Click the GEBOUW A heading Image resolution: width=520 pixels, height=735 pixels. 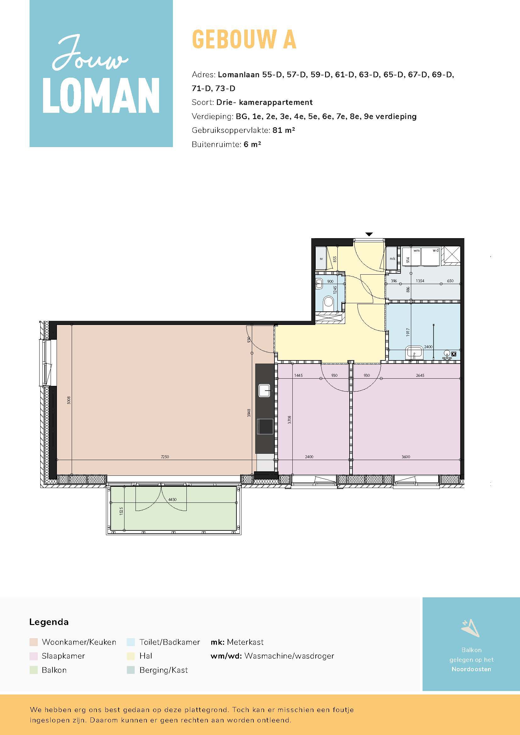coord(244,39)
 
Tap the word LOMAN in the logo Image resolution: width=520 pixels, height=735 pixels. coord(101,96)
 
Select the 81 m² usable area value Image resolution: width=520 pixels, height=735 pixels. coord(283,130)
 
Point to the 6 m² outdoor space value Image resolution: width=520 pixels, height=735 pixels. coord(252,144)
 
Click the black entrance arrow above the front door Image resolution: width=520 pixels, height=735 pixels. coord(369,234)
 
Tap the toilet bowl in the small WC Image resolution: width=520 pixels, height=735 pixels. coord(329,301)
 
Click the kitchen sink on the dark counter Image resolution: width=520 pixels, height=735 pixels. coord(264,391)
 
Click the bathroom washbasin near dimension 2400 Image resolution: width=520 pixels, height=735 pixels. coord(414,353)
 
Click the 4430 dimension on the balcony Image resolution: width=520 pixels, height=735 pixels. coord(172,499)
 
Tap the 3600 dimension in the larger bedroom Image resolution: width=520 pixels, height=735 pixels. coord(406,457)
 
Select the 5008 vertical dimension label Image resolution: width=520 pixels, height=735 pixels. coord(69,400)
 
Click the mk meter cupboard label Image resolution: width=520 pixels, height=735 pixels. coord(392,259)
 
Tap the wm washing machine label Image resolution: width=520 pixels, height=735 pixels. coord(416,250)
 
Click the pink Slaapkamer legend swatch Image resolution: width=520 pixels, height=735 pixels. coord(33,656)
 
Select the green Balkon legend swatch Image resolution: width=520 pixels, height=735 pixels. coord(33,670)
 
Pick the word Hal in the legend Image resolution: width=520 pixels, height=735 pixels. coord(146,656)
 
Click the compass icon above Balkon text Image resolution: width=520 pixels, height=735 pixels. coord(470,628)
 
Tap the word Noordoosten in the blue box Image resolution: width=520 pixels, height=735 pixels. coord(471,669)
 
